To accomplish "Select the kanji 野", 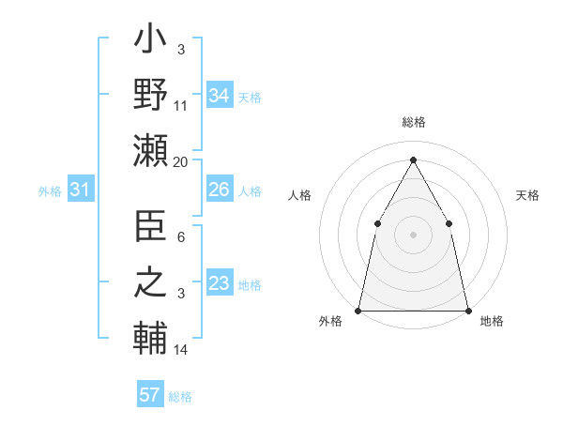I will pyautogui.click(x=149, y=94).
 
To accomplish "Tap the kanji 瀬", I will pyautogui.click(x=149, y=150).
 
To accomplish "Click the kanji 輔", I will pyautogui.click(x=149, y=338).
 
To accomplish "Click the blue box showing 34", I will pyautogui.click(x=219, y=95).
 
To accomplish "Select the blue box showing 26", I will pyautogui.click(x=219, y=190).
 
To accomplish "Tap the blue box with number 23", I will pyautogui.click(x=219, y=283).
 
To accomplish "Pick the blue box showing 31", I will pyautogui.click(x=80, y=190).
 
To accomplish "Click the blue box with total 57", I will pyautogui.click(x=149, y=395).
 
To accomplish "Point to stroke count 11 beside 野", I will pyautogui.click(x=181, y=106).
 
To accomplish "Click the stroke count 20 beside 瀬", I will pyautogui.click(x=181, y=162).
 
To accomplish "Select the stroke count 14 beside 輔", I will pyautogui.click(x=181, y=351).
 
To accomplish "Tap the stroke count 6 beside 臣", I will pyautogui.click(x=181, y=237).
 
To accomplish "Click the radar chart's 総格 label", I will pyautogui.click(x=414, y=123).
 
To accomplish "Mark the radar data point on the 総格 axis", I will pyautogui.click(x=413, y=159).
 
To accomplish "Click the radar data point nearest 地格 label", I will pyautogui.click(x=468, y=310).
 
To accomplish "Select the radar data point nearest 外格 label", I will pyautogui.click(x=358, y=310).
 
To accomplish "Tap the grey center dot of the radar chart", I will pyautogui.click(x=413, y=234).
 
